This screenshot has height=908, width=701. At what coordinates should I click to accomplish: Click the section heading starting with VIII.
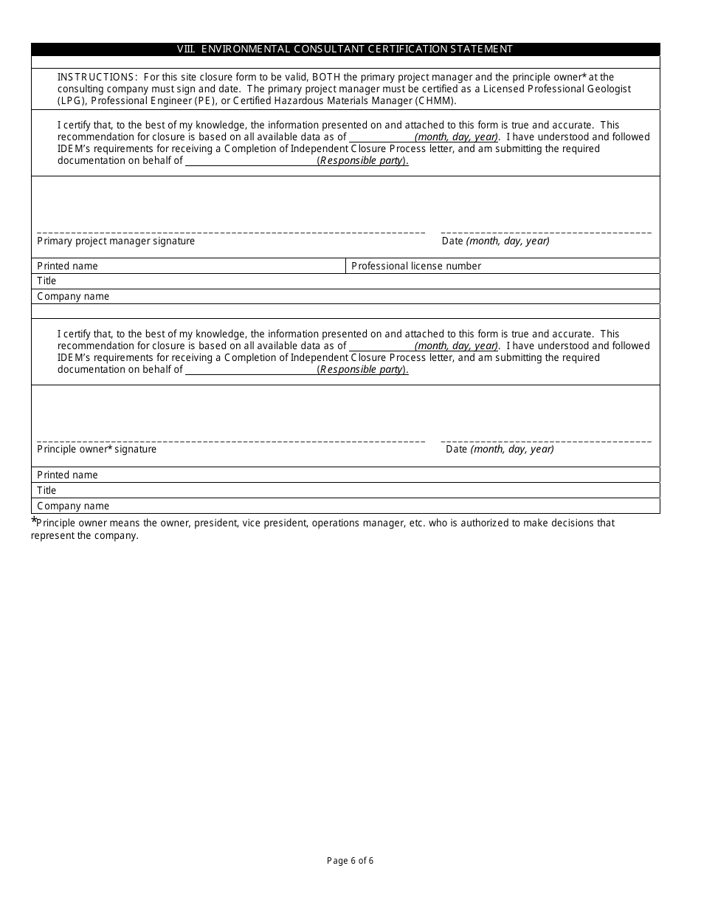[345, 49]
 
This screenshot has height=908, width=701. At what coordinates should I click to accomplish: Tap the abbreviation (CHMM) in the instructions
[435, 100]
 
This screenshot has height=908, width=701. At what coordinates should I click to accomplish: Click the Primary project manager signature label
[116, 241]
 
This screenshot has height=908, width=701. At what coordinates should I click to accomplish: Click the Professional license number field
[502, 266]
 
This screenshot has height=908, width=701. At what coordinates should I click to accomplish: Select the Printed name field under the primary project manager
[188, 266]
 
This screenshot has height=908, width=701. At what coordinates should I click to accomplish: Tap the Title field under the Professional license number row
[345, 281]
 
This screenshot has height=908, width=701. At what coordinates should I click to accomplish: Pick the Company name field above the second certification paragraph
[345, 297]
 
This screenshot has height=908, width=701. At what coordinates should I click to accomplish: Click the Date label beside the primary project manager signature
[495, 241]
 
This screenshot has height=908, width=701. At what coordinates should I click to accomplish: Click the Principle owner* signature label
[97, 450]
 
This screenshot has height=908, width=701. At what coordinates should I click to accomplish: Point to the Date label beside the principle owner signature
[500, 450]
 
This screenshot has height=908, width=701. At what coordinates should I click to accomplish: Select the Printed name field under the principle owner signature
[345, 475]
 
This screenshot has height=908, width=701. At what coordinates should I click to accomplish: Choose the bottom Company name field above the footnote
[345, 506]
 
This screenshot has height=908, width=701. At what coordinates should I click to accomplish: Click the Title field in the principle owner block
[345, 491]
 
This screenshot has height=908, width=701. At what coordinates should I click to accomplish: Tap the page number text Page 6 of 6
[350, 860]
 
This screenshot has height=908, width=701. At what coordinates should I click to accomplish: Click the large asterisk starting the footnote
[34, 521]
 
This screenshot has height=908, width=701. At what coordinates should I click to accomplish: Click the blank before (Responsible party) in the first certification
[250, 161]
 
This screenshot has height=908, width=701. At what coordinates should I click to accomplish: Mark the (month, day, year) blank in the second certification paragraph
[381, 346]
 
